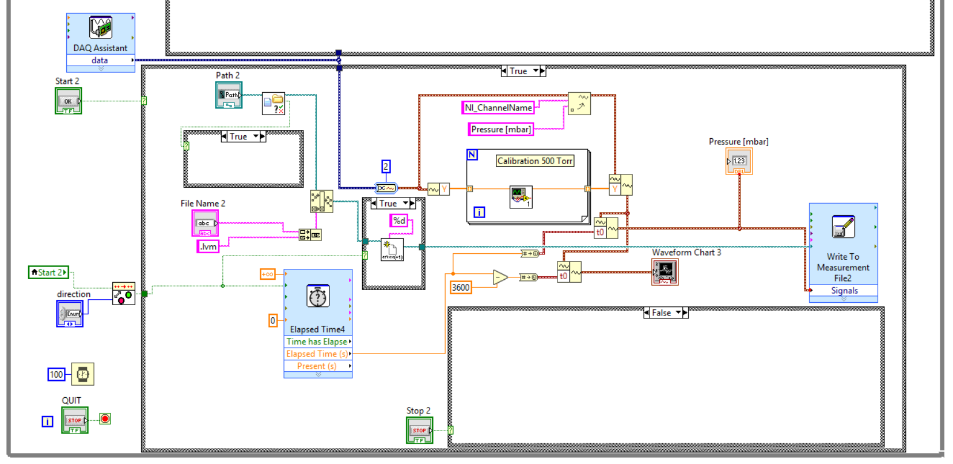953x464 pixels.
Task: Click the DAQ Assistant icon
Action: click(x=100, y=28)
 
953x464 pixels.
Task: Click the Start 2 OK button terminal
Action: click(x=68, y=101)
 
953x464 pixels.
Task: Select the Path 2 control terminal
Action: click(x=229, y=95)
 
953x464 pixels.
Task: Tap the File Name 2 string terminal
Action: click(x=204, y=223)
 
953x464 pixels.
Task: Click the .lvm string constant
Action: click(x=208, y=246)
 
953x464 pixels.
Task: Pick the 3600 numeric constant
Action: click(x=460, y=287)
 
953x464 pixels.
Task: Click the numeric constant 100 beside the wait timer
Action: click(x=56, y=375)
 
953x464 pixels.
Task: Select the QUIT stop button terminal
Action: click(x=74, y=420)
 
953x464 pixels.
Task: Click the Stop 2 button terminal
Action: click(x=419, y=430)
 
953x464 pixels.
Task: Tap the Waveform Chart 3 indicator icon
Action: click(x=665, y=271)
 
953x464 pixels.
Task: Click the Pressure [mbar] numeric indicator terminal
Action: click(x=739, y=161)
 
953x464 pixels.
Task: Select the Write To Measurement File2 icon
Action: click(x=843, y=227)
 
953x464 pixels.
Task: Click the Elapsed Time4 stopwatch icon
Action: click(x=317, y=296)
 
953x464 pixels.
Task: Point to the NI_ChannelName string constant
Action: click(x=498, y=108)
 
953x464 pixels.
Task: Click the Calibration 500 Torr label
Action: click(x=535, y=161)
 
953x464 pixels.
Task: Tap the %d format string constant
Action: click(x=398, y=220)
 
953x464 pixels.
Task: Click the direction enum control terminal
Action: click(x=70, y=314)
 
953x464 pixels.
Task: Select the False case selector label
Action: click(x=661, y=313)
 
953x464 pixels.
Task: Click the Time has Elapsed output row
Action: click(x=317, y=341)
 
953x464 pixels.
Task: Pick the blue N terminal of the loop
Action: click(x=472, y=154)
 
